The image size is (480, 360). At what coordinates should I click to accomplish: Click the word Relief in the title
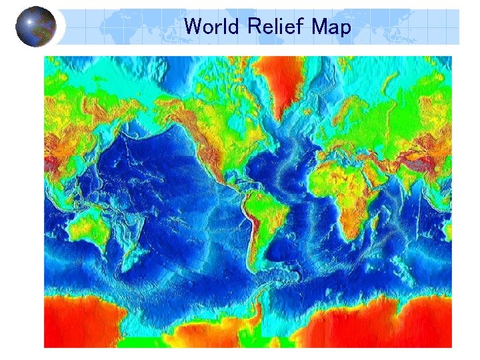[273, 27]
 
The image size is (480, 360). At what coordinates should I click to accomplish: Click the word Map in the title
[330, 27]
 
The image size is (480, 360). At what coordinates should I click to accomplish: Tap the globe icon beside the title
[36, 27]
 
